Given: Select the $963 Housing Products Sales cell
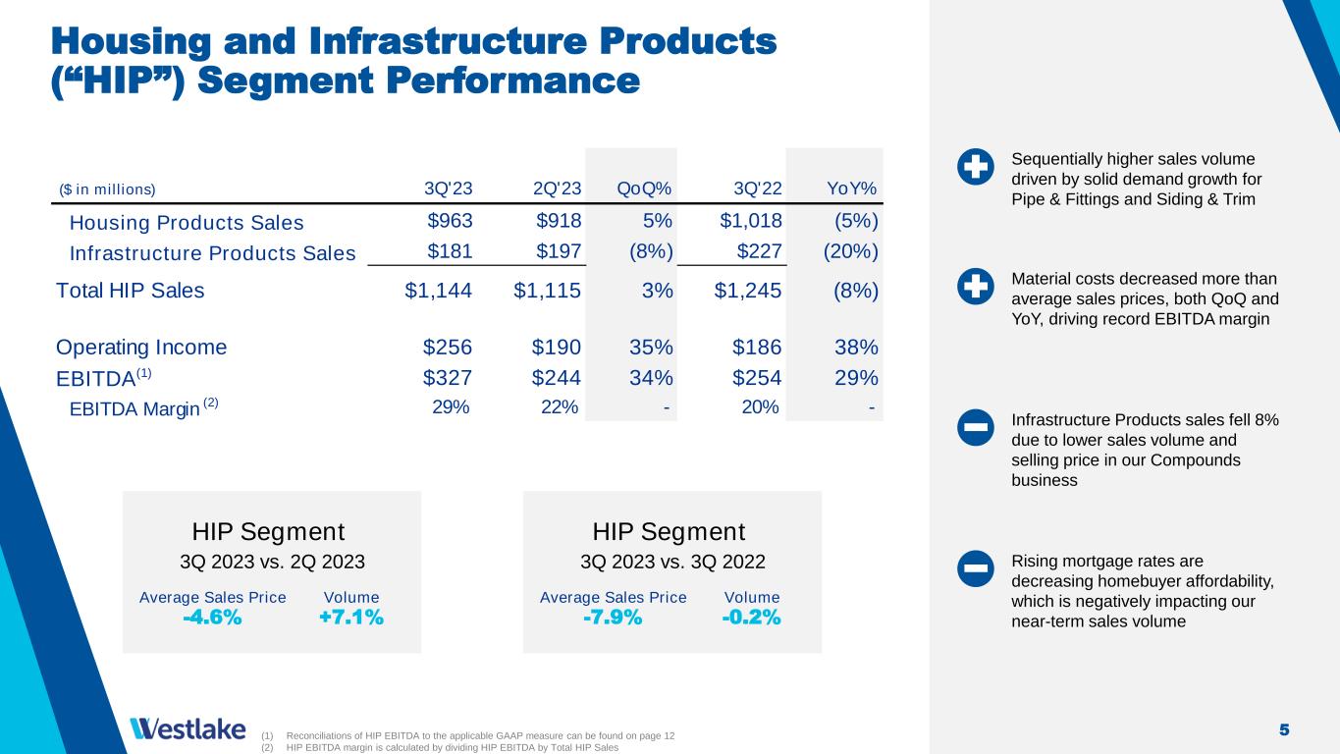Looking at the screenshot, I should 450,222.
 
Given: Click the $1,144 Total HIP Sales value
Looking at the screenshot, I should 439,290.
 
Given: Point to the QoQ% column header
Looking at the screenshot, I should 645,188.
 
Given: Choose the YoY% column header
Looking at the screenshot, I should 851,188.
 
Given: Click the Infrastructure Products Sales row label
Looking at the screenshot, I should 212,253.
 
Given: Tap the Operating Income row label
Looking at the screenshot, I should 141,347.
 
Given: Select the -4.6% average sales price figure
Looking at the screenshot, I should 212,617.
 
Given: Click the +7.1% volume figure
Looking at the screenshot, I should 351,617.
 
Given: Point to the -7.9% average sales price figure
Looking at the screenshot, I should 613,617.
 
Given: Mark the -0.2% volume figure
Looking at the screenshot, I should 752,617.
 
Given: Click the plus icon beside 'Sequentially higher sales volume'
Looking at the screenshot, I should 975,168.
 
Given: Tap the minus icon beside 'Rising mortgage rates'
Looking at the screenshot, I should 975,569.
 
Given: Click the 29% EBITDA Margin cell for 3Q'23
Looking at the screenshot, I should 451,407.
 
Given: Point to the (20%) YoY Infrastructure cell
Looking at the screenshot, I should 850,252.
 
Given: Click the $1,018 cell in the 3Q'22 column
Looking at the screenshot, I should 751,222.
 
